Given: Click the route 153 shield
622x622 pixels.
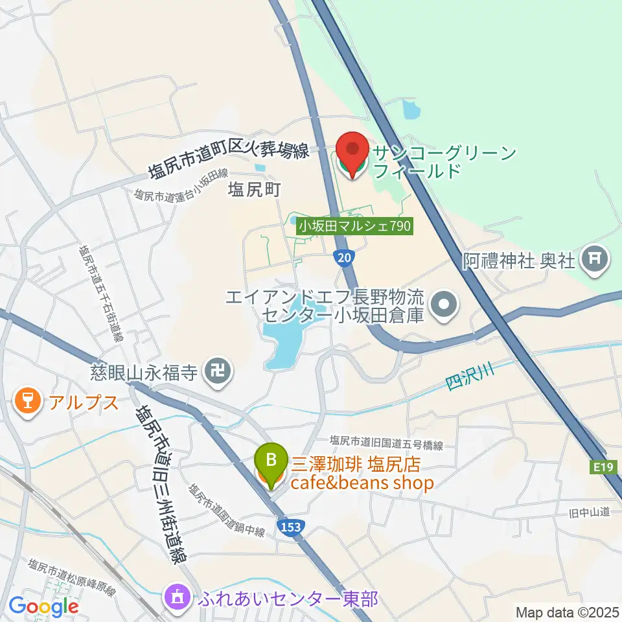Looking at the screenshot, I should pos(291,527).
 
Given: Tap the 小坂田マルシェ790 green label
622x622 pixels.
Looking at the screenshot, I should pos(355,226).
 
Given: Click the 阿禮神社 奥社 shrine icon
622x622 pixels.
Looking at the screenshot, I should pos(593,260).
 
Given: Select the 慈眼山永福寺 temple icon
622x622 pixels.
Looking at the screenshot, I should pos(214,371).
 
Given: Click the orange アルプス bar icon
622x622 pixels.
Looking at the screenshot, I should pos(27,402).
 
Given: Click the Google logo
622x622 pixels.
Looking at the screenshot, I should pos(43,607).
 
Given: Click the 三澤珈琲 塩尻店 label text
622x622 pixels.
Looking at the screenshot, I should pos(356,464).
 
